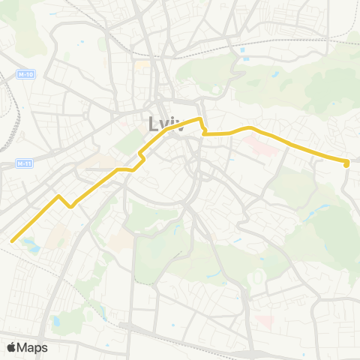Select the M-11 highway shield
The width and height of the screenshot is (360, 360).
point(23,163)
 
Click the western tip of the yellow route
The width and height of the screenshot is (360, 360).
point(12,240)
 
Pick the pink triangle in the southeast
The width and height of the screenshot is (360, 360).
point(264,320)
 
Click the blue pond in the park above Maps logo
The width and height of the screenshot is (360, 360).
point(55,321)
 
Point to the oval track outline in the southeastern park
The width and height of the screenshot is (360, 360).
point(254,278)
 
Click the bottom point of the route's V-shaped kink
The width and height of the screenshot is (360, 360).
point(70,205)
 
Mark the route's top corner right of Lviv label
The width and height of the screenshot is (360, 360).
point(199,118)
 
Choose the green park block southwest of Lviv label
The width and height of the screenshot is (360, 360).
point(129,141)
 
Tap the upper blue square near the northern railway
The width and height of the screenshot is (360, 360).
point(243,50)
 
